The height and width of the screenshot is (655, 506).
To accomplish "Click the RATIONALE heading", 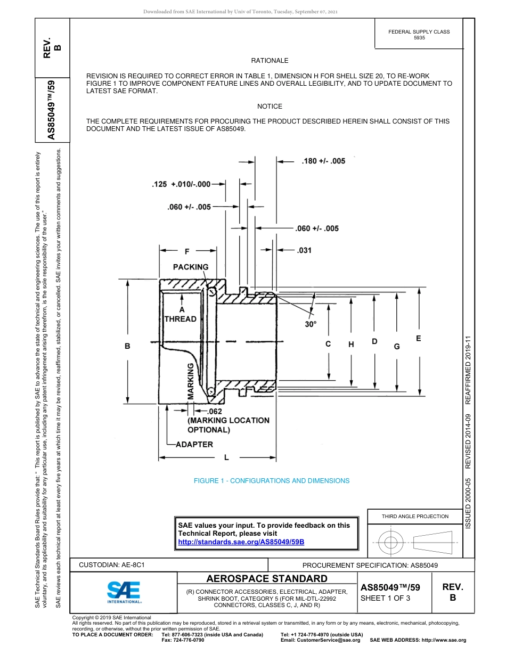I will click(270, 61).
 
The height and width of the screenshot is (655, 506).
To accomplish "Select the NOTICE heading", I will click(270, 107).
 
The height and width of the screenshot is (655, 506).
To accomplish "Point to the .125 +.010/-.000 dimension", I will click(181, 184).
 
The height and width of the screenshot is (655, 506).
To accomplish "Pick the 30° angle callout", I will click(311, 324).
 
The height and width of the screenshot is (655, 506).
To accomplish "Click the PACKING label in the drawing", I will click(191, 267).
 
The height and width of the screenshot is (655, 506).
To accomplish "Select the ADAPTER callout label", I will click(194, 444).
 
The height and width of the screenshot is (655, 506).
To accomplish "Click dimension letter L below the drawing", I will click(226, 457).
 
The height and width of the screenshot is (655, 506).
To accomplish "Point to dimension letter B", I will click(127, 346).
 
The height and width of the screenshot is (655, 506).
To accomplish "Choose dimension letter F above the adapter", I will click(186, 250).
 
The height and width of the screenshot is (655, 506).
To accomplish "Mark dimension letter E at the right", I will click(418, 338).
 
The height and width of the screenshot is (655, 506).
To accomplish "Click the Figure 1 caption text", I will click(272, 480).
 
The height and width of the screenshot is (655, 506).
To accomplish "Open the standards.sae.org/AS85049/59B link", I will click(241, 542).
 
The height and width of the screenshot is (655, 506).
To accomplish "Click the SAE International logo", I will click(124, 591).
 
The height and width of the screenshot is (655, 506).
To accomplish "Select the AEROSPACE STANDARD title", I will click(267, 578).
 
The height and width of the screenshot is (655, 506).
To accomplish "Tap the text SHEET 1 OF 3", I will click(385, 598).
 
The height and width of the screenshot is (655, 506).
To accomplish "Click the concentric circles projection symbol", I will click(391, 543).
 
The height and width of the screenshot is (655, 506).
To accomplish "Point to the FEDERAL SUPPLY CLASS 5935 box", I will click(419, 35).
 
